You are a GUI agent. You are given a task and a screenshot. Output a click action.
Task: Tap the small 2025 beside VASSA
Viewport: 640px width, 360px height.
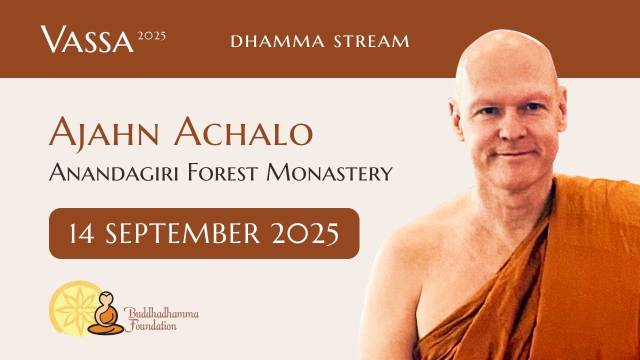[x=151, y=36]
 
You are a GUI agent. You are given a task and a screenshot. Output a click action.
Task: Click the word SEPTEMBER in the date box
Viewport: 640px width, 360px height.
[x=183, y=233]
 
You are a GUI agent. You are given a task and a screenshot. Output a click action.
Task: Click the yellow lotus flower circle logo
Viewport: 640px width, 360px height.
[x=70, y=307]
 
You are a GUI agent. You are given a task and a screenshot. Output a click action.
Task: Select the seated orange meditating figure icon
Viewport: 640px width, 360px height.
[x=105, y=315]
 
